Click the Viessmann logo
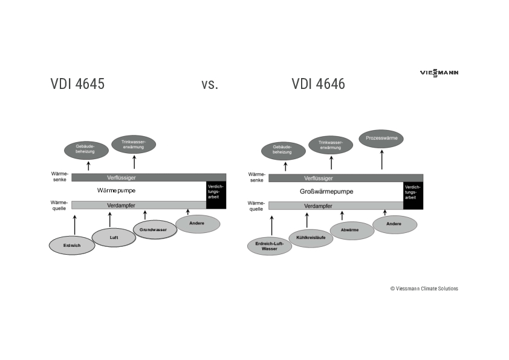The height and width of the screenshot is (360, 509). (439, 73)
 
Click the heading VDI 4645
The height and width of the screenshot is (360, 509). (77, 84)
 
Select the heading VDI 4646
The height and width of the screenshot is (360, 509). (318, 84)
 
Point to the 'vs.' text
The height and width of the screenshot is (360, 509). (209, 84)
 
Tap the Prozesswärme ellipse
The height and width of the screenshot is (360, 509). (381, 139)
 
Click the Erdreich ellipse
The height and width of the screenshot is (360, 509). (72, 245)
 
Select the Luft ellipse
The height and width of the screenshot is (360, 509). (114, 237)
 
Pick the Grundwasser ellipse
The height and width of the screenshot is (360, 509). (154, 230)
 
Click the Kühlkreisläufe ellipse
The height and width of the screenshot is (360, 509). (311, 238)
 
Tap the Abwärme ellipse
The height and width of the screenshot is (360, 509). (352, 231)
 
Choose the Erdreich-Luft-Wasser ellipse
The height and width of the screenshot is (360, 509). (270, 246)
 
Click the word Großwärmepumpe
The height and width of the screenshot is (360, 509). (326, 191)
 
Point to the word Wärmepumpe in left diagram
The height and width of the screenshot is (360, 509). (116, 190)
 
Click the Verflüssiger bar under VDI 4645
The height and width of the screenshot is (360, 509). (149, 177)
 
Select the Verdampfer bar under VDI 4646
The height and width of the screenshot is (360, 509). (336, 206)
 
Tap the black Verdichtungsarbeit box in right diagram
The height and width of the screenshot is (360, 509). (413, 195)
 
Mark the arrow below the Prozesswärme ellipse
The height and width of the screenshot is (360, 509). (381, 160)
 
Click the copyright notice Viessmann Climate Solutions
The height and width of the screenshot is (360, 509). (424, 289)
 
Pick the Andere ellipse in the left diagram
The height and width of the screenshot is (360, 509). (198, 224)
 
